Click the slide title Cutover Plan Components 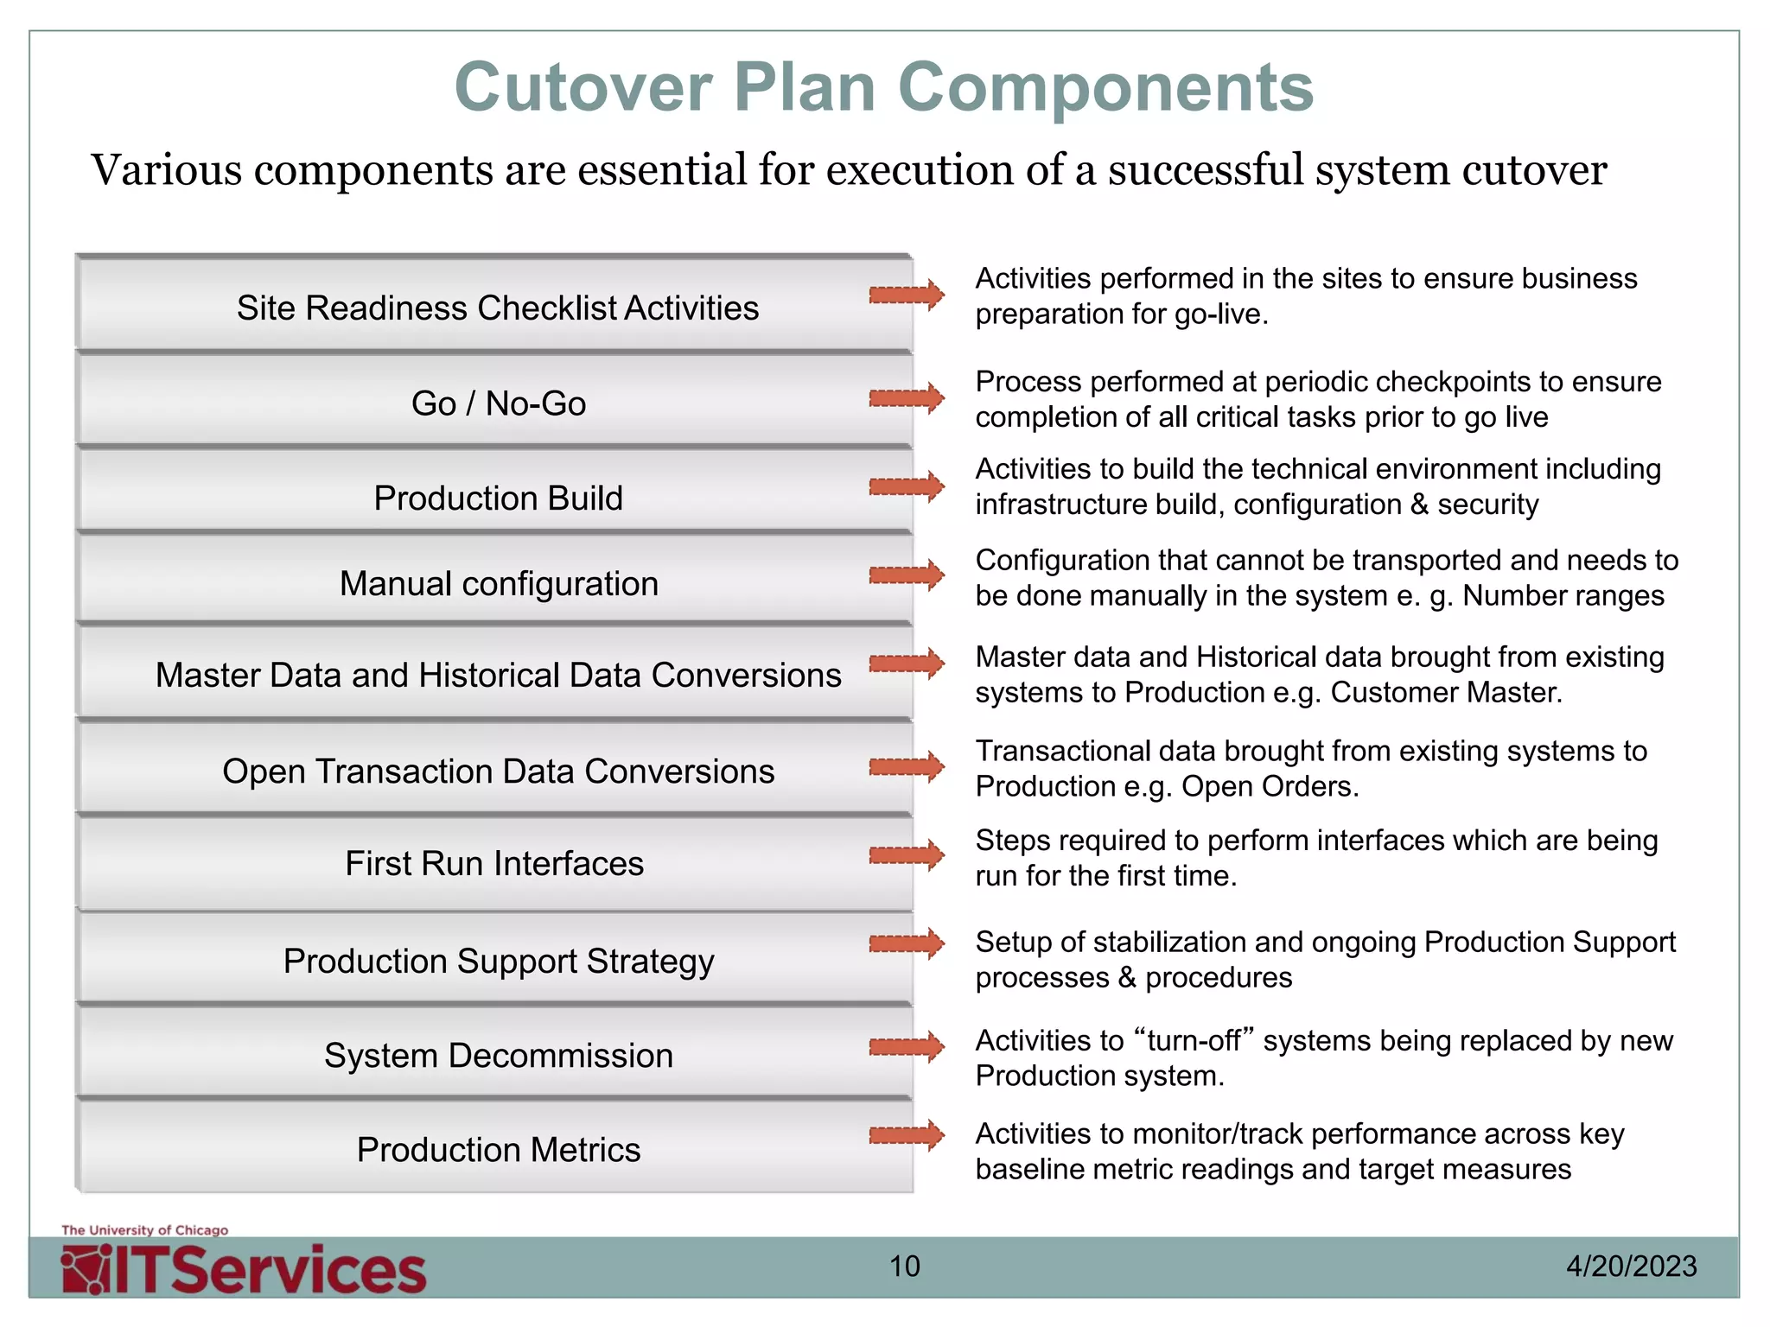click(x=883, y=87)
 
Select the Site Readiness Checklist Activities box click(x=497, y=308)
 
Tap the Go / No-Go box click(x=498, y=403)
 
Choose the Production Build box click(x=498, y=498)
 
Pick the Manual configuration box click(x=498, y=584)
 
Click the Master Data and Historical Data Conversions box click(x=498, y=676)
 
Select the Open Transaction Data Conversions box click(x=498, y=771)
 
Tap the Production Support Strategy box click(x=498, y=961)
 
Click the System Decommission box click(x=498, y=1056)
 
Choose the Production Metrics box click(x=498, y=1150)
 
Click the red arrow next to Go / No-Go click(x=907, y=398)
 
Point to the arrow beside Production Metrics click(x=907, y=1135)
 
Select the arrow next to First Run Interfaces click(x=907, y=855)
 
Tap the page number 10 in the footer click(x=905, y=1267)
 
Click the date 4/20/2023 click(x=1631, y=1267)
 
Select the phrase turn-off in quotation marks click(x=1200, y=1041)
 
